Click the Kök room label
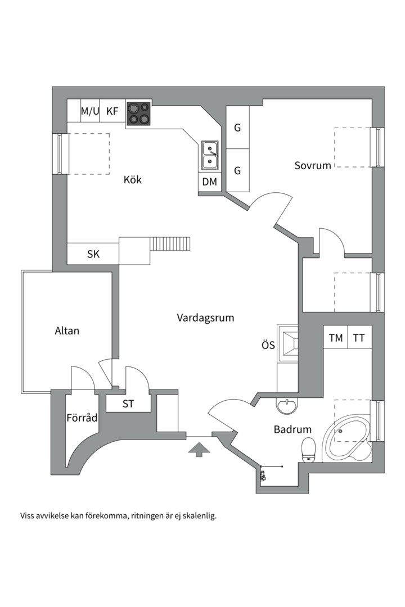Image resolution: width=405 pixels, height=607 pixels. (133, 180)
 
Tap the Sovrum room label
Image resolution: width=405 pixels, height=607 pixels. (313, 165)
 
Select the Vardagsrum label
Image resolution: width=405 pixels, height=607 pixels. (205, 318)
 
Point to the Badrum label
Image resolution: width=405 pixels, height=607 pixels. (292, 429)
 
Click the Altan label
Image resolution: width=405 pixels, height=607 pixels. (67, 330)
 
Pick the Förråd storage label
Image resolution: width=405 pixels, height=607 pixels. (82, 418)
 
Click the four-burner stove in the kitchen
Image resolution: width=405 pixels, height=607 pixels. (139, 113)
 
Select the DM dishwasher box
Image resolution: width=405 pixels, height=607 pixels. (210, 182)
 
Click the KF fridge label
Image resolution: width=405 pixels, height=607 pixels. (112, 111)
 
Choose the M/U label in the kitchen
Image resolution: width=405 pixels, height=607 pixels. (89, 111)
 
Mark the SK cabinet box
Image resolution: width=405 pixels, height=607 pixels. (93, 254)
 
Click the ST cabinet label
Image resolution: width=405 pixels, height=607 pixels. (128, 404)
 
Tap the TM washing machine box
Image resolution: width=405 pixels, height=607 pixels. (336, 338)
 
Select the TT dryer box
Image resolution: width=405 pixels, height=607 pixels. (359, 338)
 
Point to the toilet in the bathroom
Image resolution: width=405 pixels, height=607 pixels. (309, 450)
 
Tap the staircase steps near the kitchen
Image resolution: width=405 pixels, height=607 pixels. (171, 244)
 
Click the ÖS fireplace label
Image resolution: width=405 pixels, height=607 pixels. (268, 345)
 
